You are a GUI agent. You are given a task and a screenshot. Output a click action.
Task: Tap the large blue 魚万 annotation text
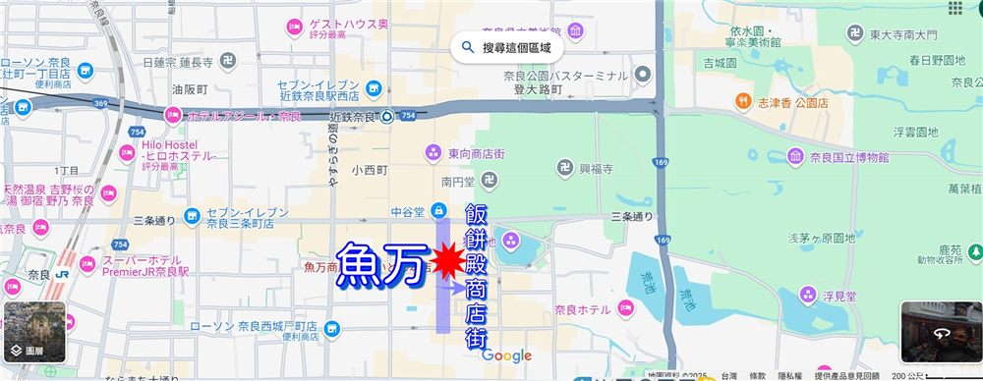coord(384,264)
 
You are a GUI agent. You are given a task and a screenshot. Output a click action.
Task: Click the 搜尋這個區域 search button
coord(507,46)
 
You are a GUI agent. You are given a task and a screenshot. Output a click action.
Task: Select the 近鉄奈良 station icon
coord(387,117)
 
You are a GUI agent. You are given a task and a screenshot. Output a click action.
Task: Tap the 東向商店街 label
coord(478,152)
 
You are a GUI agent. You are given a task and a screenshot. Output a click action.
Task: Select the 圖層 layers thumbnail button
coord(33,333)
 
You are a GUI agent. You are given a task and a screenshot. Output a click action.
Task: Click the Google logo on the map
coord(506,356)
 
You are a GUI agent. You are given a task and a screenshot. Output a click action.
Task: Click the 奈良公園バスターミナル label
coord(566,75)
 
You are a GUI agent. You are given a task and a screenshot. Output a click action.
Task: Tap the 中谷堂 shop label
coord(406,209)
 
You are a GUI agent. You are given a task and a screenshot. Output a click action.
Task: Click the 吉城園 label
coord(720,63)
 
